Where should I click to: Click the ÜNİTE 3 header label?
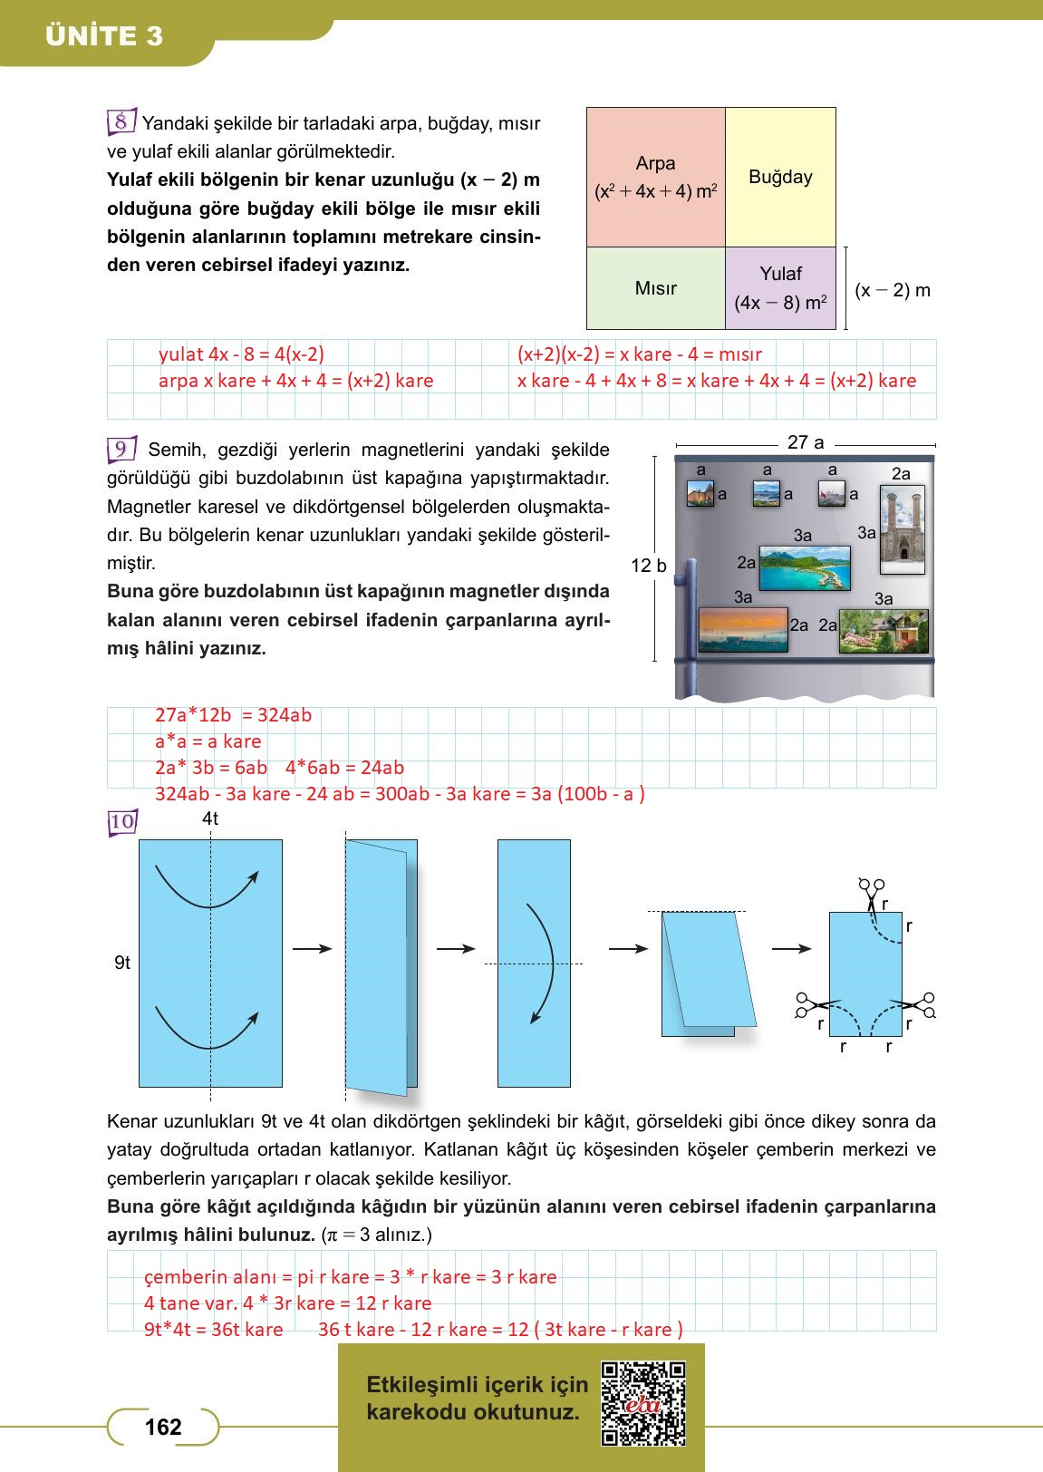[104, 36]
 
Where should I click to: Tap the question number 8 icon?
[121, 121]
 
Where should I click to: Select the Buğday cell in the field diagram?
[780, 177]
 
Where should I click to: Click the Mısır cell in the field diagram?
[655, 288]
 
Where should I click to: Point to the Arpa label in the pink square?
[655, 163]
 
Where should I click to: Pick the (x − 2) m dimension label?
[893, 290]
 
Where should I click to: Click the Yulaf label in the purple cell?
[780, 274]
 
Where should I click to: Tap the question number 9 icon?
[121, 449]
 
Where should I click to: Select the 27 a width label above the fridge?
[806, 442]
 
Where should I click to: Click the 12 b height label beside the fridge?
[649, 566]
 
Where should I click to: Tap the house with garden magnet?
[884, 631]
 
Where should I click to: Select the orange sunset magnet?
[743, 630]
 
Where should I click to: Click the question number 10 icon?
[121, 822]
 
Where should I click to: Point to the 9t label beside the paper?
[122, 963]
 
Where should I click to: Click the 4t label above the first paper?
[210, 818]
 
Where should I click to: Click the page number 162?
[163, 1427]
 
